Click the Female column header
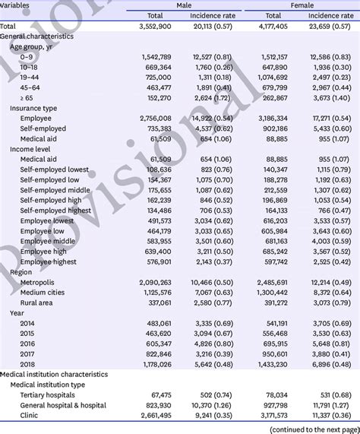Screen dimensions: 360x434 pos(303,5)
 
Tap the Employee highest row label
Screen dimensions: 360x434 pos(49,261)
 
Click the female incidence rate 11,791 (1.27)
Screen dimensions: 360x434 pos(329,405)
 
